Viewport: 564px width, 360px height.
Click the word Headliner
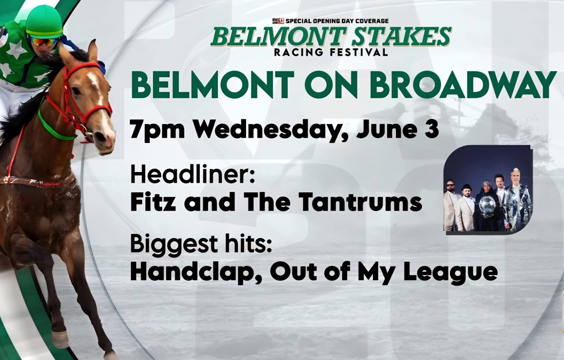[191, 175]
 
